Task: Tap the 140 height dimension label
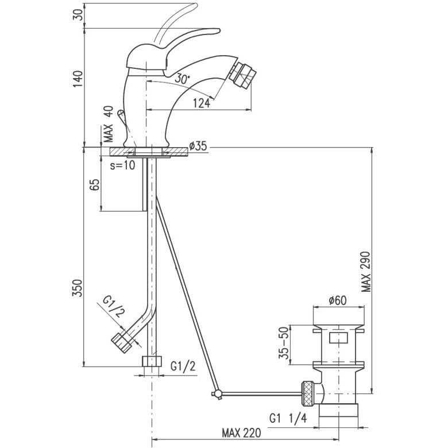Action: (x=78, y=79)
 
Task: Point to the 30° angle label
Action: (x=182, y=78)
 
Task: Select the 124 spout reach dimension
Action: (x=202, y=103)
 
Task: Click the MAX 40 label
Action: (x=109, y=124)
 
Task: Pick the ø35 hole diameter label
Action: (x=198, y=146)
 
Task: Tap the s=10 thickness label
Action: (x=122, y=165)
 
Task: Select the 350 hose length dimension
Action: (x=78, y=288)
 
